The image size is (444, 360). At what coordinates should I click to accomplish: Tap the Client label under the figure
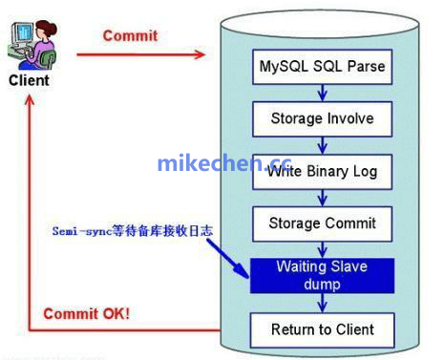(29, 81)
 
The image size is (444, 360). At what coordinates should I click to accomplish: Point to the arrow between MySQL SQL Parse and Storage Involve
(322, 94)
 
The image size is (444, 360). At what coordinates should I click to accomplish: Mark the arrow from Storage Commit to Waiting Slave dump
(322, 249)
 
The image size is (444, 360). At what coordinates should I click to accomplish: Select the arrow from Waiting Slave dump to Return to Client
(322, 303)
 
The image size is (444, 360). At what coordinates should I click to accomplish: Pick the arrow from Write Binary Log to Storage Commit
(322, 198)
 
